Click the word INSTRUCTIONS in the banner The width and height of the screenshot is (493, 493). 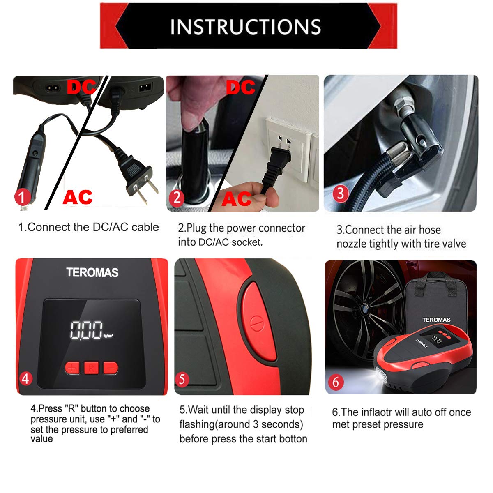point(245,26)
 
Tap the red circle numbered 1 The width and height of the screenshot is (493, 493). point(23,197)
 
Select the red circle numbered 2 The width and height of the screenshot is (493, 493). point(177,198)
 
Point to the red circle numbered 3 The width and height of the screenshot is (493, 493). point(340,192)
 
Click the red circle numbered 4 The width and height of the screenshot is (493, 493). point(25,378)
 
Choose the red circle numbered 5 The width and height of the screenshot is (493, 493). point(182,379)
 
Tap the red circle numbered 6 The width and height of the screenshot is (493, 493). point(336,382)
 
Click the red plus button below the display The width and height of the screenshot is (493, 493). point(72,368)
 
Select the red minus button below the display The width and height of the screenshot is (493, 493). point(111,368)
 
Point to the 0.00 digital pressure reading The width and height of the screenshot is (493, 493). point(86,330)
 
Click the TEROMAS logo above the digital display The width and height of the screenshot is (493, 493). point(92,272)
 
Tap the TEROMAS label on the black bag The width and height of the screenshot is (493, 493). point(436,320)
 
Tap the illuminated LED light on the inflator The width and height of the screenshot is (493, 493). point(380,375)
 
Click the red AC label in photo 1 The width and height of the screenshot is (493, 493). point(77,197)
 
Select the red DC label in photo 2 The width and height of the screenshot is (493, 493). point(240,87)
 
